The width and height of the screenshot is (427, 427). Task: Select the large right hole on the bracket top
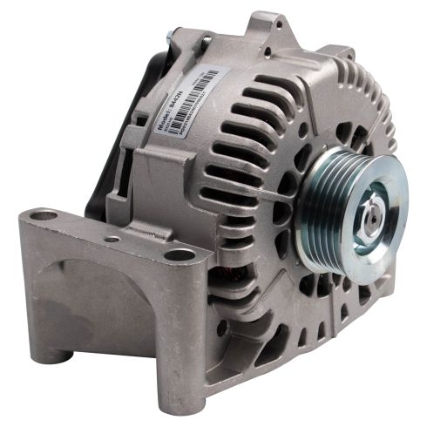180,254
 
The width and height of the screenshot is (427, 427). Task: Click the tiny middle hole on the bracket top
112,237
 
